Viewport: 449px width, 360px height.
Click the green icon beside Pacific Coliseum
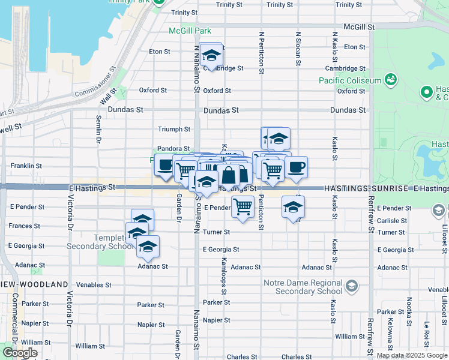(x=391, y=79)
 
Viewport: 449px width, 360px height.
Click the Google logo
(x=20, y=353)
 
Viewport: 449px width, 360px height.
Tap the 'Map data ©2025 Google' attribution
(x=412, y=355)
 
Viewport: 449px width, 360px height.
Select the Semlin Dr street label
(x=98, y=130)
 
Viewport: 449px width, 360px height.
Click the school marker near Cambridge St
(x=211, y=55)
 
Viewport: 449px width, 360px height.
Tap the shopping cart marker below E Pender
(x=243, y=207)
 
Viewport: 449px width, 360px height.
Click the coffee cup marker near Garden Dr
(x=166, y=165)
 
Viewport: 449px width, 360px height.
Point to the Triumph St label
(x=173, y=129)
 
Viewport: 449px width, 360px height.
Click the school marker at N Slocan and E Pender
(x=293, y=207)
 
